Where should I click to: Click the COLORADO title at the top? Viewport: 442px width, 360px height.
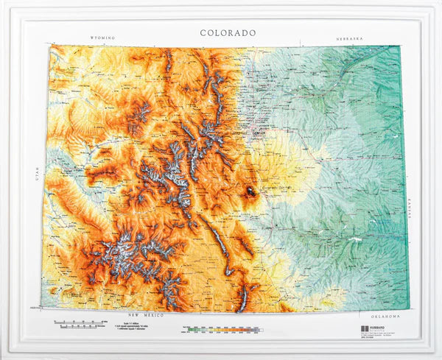coord(228,32)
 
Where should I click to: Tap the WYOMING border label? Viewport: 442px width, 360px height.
coord(103,38)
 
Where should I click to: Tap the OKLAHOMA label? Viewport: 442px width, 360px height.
coord(383,315)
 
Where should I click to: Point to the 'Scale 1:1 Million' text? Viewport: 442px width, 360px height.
coord(136,321)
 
